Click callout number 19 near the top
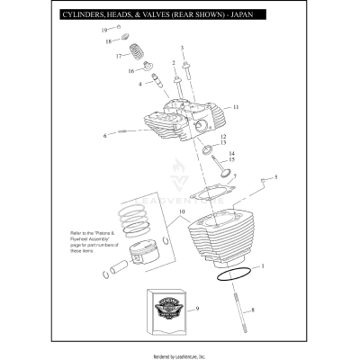tap(103, 31)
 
